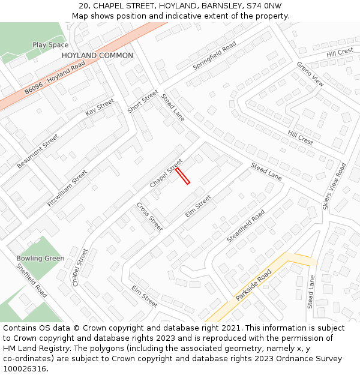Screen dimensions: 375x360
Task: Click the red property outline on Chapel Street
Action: coord(182,176)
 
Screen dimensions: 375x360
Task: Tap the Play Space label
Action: coord(50,45)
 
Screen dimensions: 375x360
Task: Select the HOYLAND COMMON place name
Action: coord(97,55)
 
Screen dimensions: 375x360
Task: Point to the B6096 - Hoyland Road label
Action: coord(55,79)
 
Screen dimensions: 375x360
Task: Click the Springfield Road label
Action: coord(214,56)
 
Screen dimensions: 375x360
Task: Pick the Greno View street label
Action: coord(310,74)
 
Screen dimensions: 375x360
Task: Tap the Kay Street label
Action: coord(100,107)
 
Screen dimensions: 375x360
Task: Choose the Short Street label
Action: coord(142,101)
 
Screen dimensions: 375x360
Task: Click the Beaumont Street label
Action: coord(38,151)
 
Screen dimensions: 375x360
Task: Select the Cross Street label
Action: coord(149,217)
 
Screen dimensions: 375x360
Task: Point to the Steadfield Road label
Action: coord(245,226)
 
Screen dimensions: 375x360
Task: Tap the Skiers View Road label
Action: coord(334,186)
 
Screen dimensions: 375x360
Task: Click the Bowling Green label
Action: coord(40,259)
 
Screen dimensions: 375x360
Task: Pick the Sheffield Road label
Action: coord(32,281)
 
